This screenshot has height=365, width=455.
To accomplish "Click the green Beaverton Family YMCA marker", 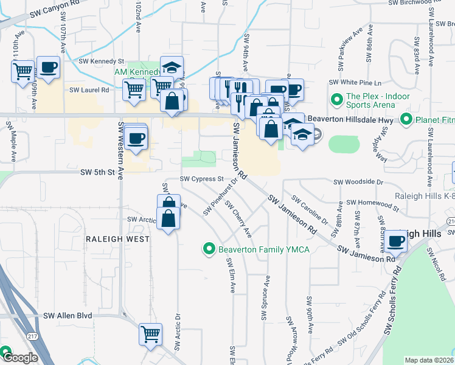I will [209, 249].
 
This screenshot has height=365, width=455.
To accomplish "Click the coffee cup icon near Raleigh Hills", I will [395, 241].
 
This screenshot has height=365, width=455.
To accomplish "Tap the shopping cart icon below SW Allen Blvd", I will [150, 333].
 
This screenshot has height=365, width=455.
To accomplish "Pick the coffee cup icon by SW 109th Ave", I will [48, 67].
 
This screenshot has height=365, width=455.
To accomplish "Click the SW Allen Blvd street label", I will [67, 316].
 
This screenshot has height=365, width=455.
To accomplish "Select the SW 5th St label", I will [98, 173].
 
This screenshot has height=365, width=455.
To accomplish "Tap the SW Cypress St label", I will [201, 179].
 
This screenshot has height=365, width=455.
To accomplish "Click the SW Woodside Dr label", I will [358, 182].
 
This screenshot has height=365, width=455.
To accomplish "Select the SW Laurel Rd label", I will [89, 90].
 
